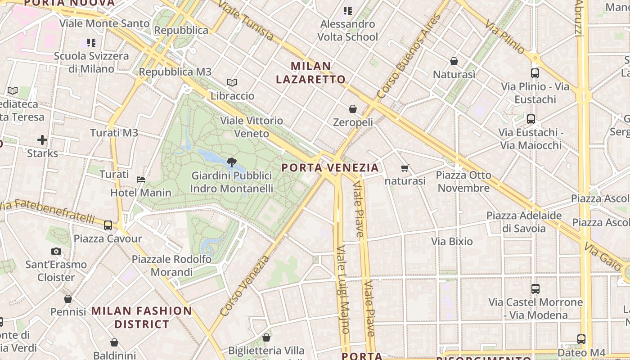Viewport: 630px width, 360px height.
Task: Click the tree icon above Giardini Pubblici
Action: (x=232, y=162)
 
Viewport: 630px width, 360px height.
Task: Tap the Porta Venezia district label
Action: (x=330, y=168)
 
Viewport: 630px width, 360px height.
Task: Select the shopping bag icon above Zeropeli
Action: (x=353, y=109)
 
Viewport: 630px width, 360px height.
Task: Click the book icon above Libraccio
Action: (x=232, y=83)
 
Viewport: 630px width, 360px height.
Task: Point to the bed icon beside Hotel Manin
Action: (x=141, y=179)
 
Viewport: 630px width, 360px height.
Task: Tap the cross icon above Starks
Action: (x=42, y=140)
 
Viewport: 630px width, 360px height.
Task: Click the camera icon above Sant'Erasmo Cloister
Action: (x=56, y=251)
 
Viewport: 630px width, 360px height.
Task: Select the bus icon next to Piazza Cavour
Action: (x=108, y=225)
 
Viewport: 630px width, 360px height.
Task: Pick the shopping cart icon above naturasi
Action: (x=405, y=168)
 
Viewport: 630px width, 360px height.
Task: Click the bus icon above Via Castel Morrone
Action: (x=535, y=289)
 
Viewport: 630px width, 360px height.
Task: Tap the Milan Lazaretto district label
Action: (x=310, y=73)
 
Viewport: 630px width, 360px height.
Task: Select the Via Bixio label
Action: (x=452, y=242)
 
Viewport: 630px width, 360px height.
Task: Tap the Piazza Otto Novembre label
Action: (x=463, y=181)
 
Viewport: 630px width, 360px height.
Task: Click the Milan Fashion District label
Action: (x=142, y=317)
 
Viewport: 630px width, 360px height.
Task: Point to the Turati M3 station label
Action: (x=114, y=133)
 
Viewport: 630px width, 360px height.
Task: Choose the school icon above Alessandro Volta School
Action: (x=347, y=10)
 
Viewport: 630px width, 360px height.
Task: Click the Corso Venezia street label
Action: (x=245, y=286)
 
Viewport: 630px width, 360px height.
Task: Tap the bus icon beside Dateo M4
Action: (x=581, y=339)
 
